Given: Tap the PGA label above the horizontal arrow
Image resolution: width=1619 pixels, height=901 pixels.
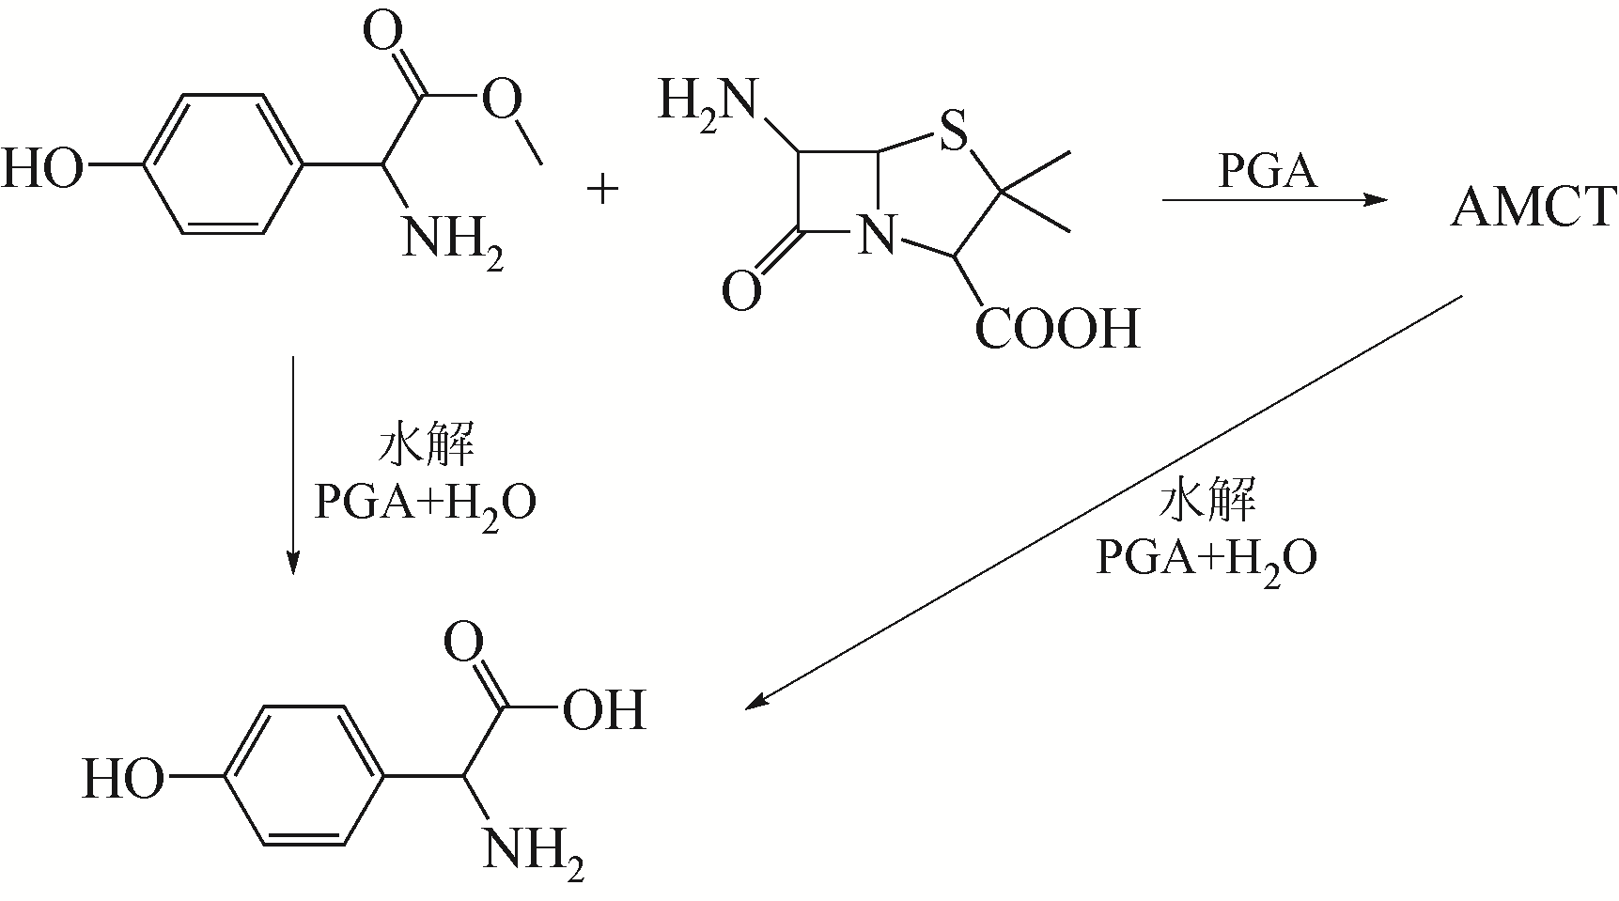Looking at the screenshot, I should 1268,172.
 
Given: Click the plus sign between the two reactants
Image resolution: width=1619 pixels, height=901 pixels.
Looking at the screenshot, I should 602,190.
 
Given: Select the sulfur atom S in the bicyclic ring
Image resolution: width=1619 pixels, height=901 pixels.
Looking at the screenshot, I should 953,132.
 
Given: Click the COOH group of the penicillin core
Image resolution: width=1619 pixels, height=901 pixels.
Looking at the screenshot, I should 1058,329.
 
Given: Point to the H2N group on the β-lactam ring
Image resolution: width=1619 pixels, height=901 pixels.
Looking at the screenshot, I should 707,101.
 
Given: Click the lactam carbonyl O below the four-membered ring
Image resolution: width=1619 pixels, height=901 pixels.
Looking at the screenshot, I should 741,290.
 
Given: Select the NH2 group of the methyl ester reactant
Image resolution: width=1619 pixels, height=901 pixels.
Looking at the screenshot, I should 452,240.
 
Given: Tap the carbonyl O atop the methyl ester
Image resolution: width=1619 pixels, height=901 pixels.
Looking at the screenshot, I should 384,35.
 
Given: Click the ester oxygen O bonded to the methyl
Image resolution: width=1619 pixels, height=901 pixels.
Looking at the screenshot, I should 502,97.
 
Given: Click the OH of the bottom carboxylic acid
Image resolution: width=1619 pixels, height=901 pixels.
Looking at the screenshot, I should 604,709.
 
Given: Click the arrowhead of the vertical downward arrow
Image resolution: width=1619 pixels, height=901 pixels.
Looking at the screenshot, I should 293,561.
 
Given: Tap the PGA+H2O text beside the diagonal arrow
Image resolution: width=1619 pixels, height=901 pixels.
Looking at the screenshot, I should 1206,558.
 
